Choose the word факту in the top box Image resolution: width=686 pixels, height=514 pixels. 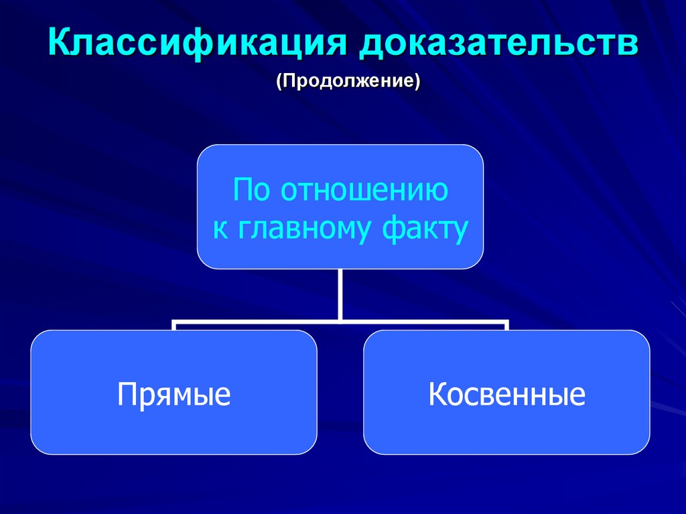point(424,230)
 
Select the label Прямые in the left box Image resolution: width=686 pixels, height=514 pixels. point(174,393)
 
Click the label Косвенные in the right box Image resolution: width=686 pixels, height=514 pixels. point(507,393)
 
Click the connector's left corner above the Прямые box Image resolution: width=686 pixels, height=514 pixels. point(175,322)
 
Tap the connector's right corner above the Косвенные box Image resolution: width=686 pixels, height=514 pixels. point(506,322)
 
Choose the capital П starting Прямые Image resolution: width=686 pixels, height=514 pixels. point(127,393)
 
